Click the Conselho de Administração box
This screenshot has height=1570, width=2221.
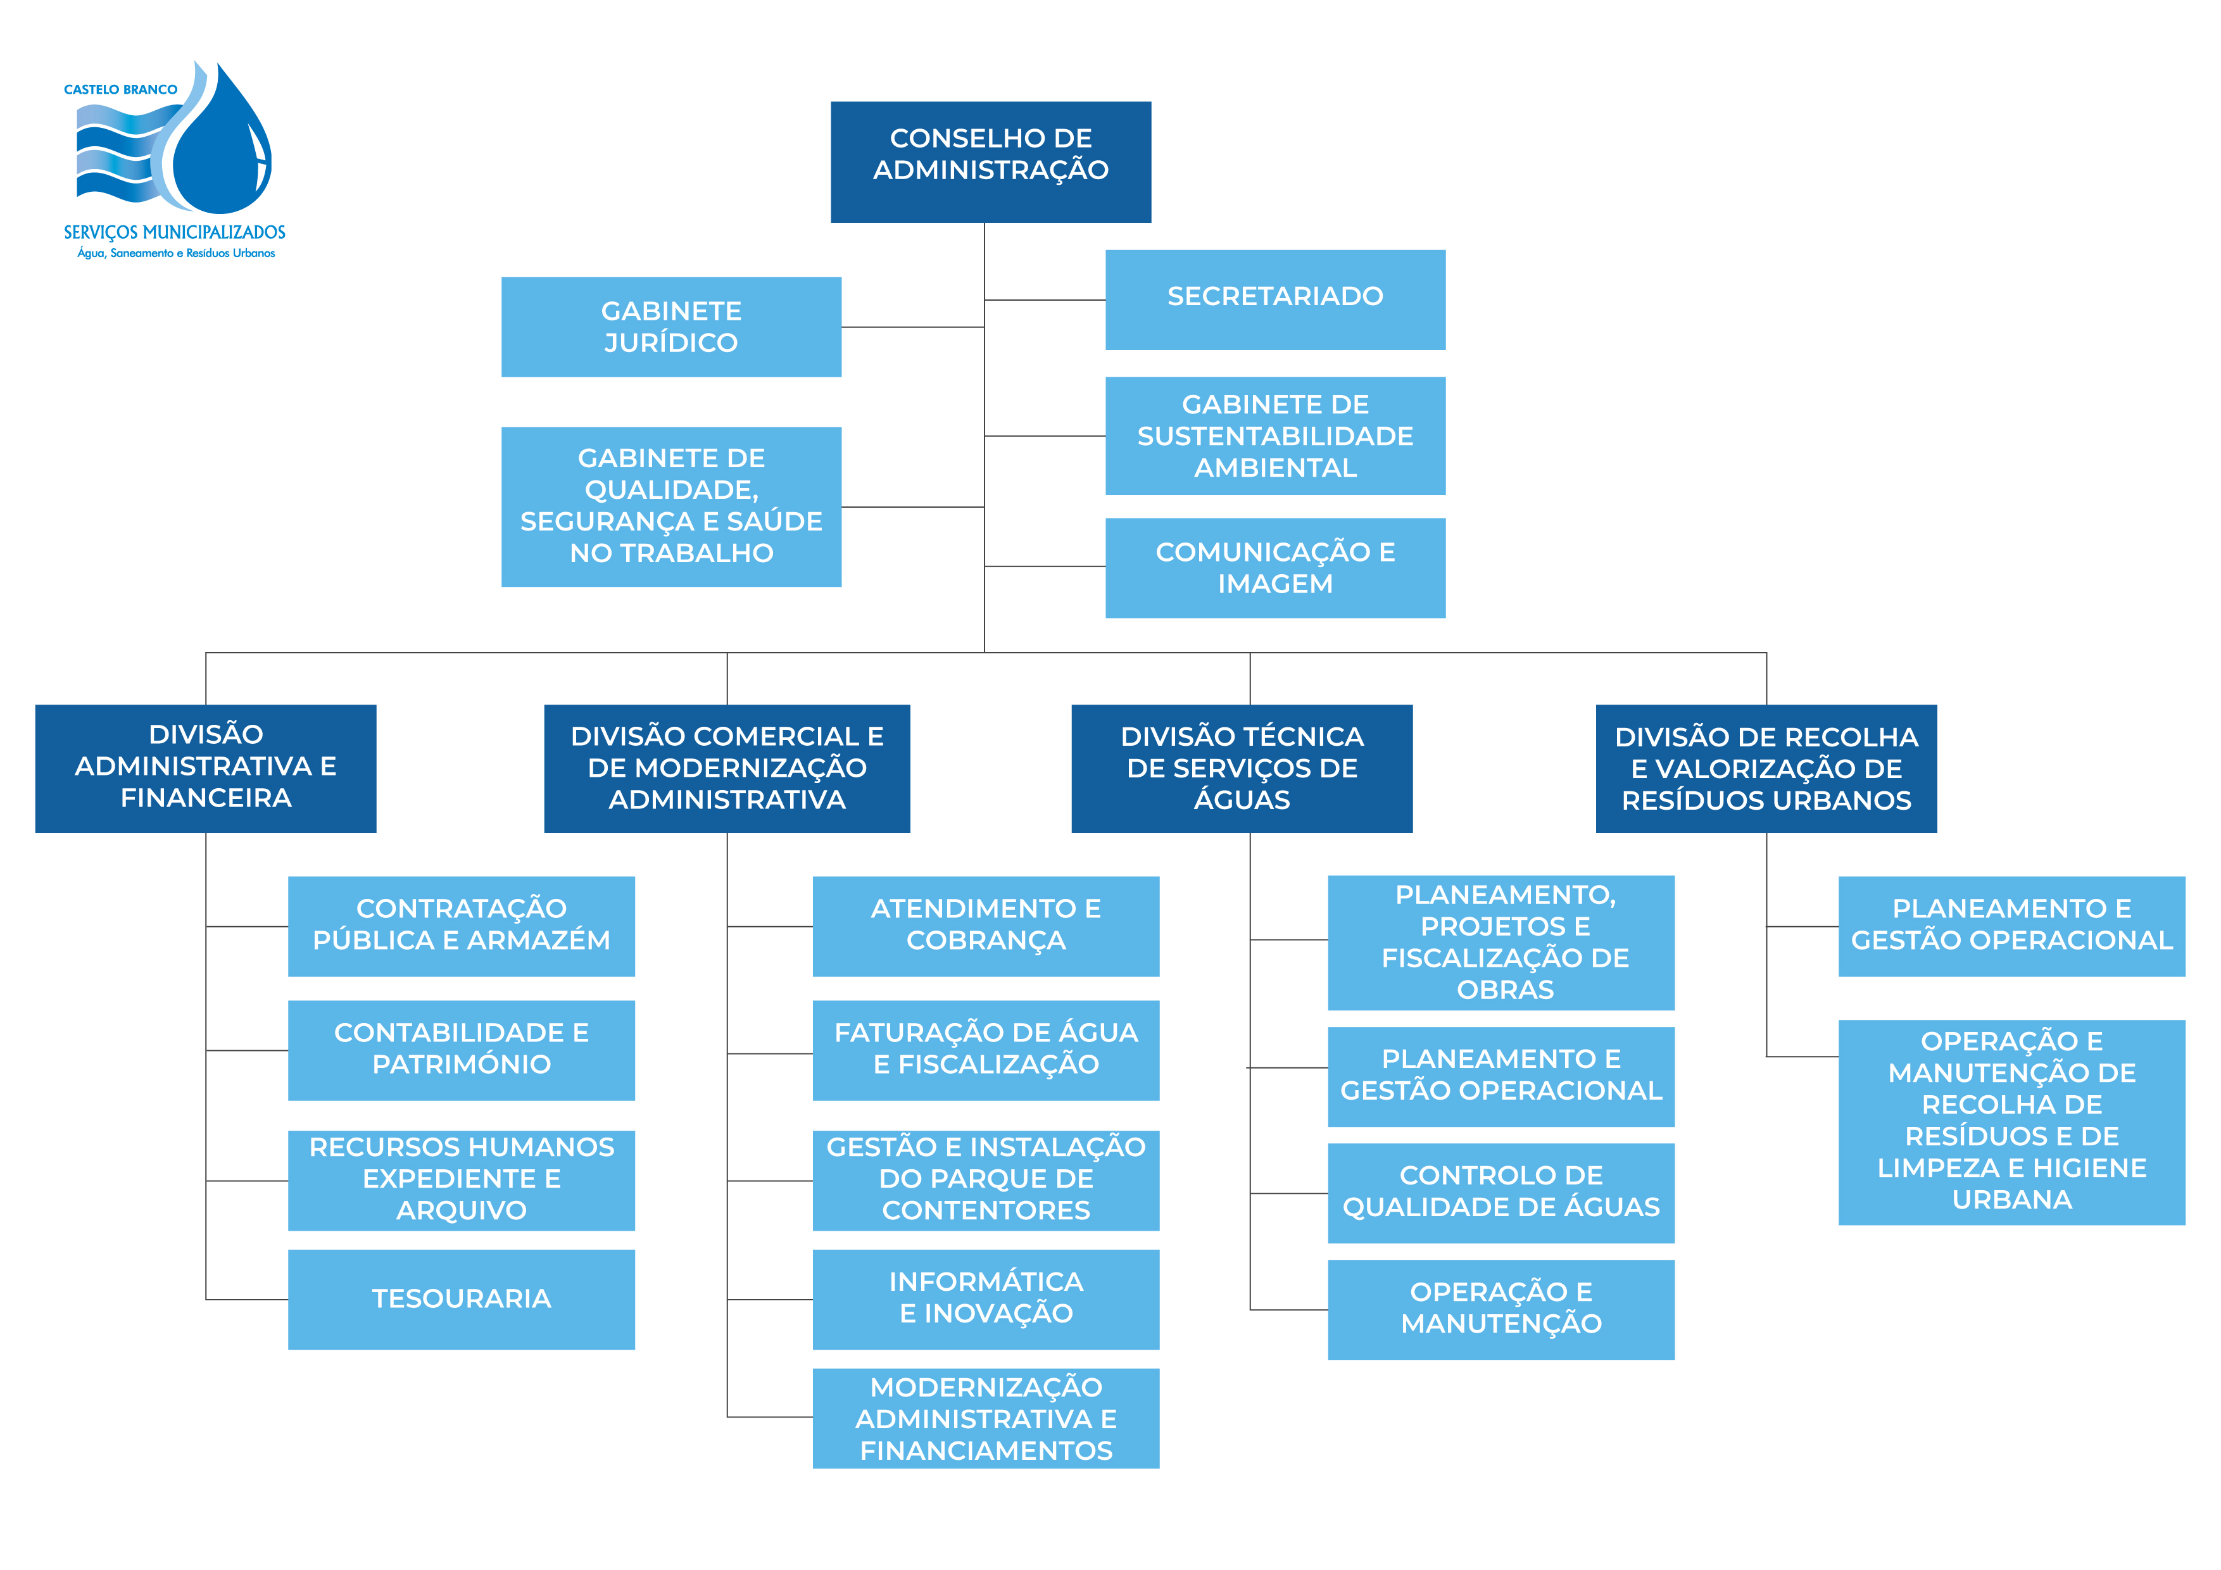pos(991,161)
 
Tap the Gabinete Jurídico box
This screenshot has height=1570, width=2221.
pos(670,327)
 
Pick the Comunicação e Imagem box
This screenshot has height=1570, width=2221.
pos(1275,568)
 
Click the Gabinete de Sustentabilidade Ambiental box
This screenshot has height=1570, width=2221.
pos(1275,436)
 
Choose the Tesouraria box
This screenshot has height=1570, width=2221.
pos(462,1299)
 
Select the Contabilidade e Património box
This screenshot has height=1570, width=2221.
pos(462,1050)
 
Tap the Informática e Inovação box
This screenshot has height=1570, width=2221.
pos(986,1299)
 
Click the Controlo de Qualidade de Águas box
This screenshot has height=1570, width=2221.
pos(1501,1193)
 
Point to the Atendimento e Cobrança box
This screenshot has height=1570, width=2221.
pos(986,926)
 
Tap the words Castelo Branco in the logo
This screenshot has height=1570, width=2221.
pos(121,90)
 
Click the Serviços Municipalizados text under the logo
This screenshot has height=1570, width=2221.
pos(174,233)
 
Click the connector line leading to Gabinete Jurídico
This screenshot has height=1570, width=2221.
pos(912,327)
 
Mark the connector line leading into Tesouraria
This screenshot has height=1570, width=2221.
pos(247,1299)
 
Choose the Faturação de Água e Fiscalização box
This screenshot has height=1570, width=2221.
pos(986,1050)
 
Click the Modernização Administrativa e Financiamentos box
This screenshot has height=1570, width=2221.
pos(986,1418)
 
